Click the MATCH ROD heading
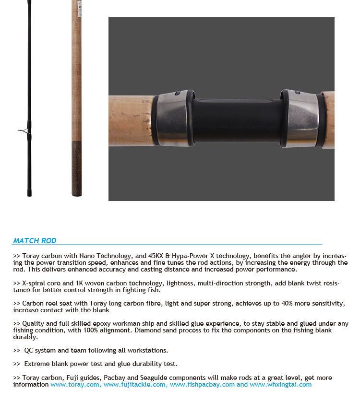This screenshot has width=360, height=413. pos(35,241)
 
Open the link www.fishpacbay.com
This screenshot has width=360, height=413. pos(202,384)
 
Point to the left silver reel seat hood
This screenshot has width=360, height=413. pos(173,118)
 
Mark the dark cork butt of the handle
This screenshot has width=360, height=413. pos(77,168)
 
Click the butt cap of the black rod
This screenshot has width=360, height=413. pos(29,193)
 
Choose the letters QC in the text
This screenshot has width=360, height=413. pos(28,351)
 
